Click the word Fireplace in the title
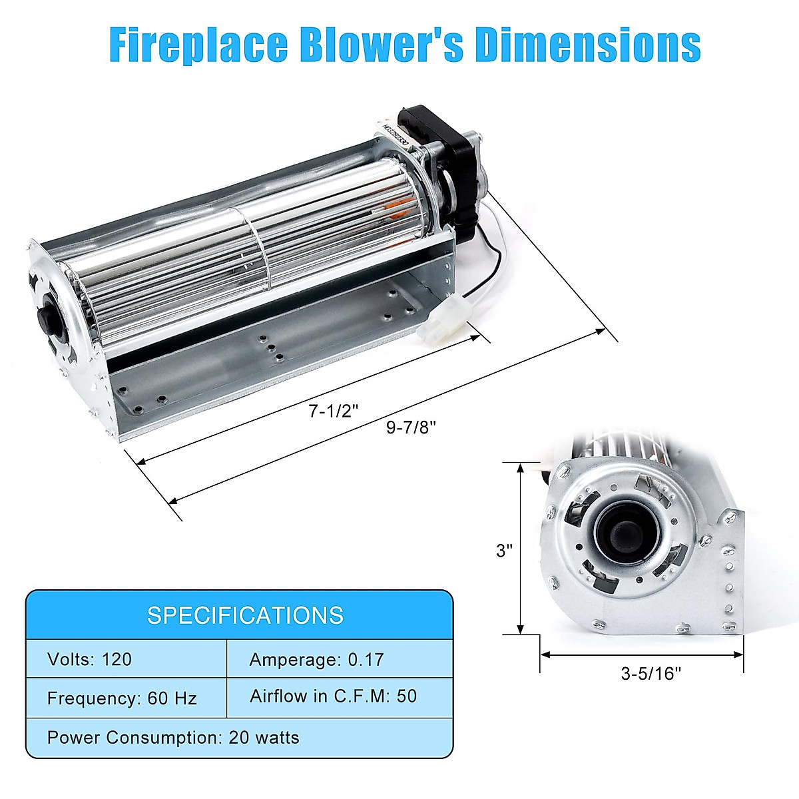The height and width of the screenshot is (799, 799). point(199,45)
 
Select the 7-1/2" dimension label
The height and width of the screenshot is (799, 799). point(334,411)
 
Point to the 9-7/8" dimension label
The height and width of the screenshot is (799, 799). point(411,427)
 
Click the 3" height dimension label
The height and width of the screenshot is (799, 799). point(505,551)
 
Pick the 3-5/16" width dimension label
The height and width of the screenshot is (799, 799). point(651,674)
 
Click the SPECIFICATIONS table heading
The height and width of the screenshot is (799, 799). point(245,615)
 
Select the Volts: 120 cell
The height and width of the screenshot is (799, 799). point(90,659)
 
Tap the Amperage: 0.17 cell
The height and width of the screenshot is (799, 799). point(316,659)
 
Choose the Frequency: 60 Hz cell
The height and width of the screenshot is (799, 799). point(122,698)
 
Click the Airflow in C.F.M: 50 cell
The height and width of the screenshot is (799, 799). point(333,696)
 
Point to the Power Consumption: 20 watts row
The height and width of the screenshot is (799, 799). point(173,738)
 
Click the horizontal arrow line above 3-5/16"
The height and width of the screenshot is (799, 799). point(641,654)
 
